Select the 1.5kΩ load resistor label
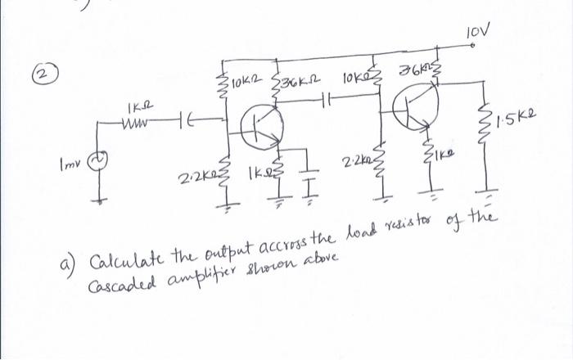click(x=522, y=126)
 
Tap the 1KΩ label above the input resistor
click(x=136, y=106)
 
